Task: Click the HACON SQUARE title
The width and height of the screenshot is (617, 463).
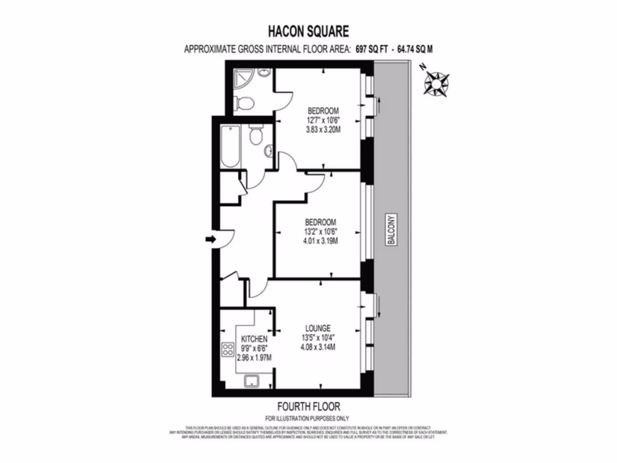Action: (308, 31)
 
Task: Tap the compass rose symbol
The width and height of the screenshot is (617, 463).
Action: (436, 83)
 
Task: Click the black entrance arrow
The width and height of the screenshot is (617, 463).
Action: (210, 240)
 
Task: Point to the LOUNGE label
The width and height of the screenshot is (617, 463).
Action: (318, 328)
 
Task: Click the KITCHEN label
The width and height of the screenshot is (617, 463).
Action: (254, 339)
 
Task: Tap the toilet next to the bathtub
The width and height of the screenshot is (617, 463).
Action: (255, 136)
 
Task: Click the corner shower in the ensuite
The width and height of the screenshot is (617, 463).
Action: (243, 79)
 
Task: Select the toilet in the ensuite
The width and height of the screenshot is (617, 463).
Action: (244, 102)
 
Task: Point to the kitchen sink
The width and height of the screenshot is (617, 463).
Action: (251, 380)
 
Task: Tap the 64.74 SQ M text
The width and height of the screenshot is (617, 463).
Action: (416, 49)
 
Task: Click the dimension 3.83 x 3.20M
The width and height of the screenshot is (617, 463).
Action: (323, 130)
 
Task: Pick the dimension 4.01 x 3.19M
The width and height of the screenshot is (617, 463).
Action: (321, 241)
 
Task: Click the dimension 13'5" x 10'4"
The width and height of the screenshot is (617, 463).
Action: (318, 338)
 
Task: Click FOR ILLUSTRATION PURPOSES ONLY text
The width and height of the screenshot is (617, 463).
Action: (307, 418)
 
